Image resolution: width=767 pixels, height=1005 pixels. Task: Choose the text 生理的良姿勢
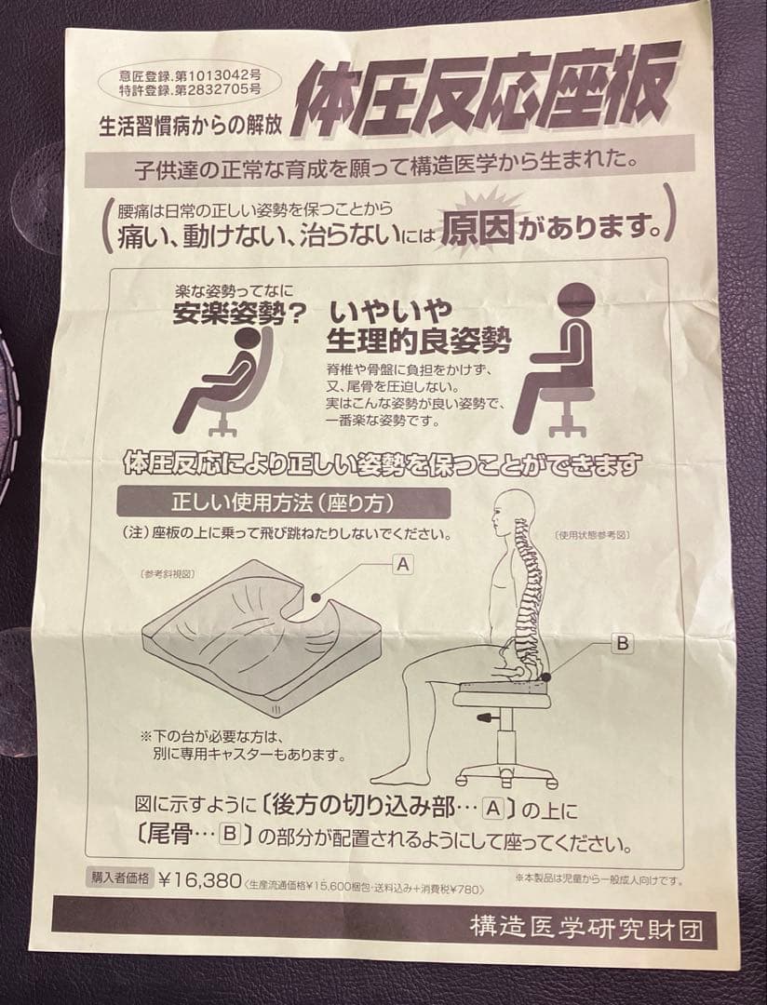pyautogui.click(x=419, y=341)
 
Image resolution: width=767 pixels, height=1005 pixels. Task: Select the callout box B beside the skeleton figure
pyautogui.click(x=623, y=642)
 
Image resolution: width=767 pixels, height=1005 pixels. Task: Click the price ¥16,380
pyautogui.click(x=200, y=880)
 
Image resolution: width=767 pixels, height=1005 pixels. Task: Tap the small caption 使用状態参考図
pyautogui.click(x=593, y=535)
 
